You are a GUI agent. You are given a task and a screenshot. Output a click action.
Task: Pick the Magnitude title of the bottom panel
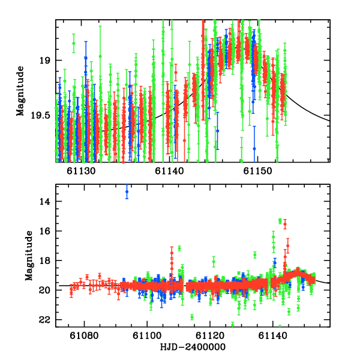(x=20, y=256)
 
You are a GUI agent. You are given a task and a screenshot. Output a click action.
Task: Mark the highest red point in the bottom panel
(x=284, y=224)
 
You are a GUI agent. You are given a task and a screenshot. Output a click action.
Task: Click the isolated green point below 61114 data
(x=192, y=317)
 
